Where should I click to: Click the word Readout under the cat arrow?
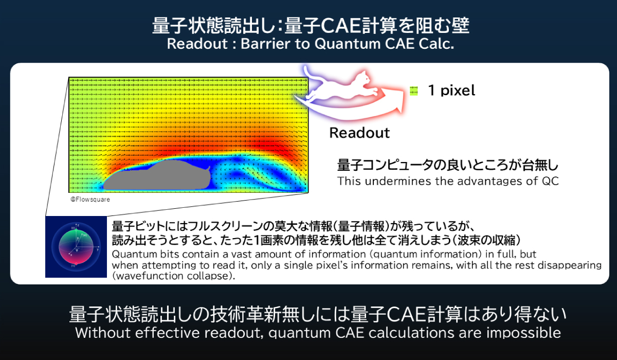pyautogui.click(x=359, y=133)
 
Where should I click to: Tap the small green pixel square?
pyautogui.click(x=414, y=91)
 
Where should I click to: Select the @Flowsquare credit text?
pyautogui.click(x=90, y=199)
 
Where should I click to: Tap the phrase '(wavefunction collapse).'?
pyautogui.click(x=173, y=276)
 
